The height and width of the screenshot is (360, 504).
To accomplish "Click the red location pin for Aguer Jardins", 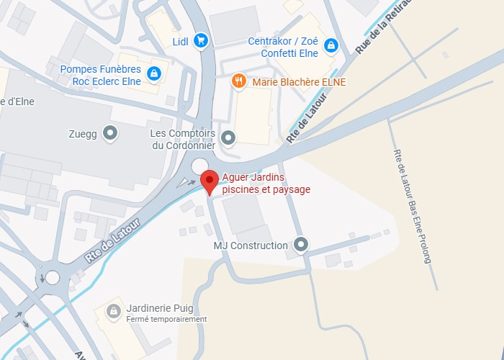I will pos(210,181).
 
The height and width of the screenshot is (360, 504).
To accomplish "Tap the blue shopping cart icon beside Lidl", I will pos(201,41).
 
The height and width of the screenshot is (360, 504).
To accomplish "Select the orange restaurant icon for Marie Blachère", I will pos(238,81).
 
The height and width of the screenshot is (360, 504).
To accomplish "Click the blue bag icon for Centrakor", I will pos(330,46).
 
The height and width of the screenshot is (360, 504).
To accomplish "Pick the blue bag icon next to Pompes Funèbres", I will pos(153,73).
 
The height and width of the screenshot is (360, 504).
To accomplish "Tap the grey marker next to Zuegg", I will pos(110,132).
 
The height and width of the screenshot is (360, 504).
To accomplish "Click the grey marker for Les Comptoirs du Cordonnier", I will pos(228,137).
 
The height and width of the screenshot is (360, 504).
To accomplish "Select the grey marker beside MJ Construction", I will pos(301,245).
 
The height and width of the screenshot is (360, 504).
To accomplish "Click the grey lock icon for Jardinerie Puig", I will pos(113,311).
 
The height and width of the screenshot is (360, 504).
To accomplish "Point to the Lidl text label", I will pos(180,42).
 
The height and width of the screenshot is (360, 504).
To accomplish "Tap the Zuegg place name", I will pos(83,132).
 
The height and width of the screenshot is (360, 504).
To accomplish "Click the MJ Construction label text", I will pos(251,246).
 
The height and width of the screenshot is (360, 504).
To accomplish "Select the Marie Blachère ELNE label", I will pos(299,82).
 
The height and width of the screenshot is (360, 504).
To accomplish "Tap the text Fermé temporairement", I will pos(166,319).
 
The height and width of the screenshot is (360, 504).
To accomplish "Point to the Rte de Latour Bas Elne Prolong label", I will pos(412,204).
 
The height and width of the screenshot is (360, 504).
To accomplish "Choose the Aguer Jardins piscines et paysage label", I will pos(266,184).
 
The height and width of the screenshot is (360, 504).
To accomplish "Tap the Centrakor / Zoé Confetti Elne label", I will pos(283,46).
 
